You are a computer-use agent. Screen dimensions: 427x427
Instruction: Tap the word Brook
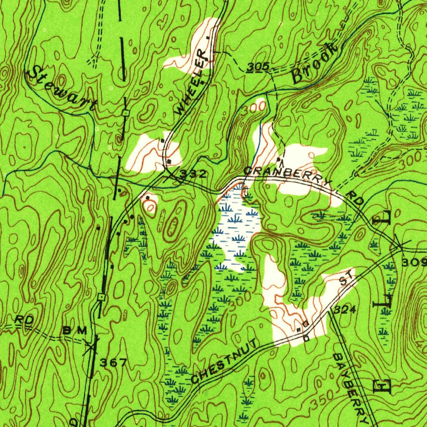[x=315, y=63]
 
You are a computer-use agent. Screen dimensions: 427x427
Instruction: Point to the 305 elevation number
[x=258, y=67]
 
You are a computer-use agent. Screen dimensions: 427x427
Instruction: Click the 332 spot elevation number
[x=193, y=174]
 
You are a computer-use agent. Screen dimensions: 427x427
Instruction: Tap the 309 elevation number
[x=414, y=262]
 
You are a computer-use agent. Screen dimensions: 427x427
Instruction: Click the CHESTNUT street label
[x=226, y=362]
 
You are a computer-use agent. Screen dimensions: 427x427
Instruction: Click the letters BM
[x=75, y=330]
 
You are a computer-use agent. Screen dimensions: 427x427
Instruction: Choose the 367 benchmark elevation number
[x=113, y=363]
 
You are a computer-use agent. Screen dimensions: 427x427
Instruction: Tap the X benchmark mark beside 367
[x=91, y=346]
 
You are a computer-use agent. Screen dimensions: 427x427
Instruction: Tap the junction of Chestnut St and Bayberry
[x=329, y=311]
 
